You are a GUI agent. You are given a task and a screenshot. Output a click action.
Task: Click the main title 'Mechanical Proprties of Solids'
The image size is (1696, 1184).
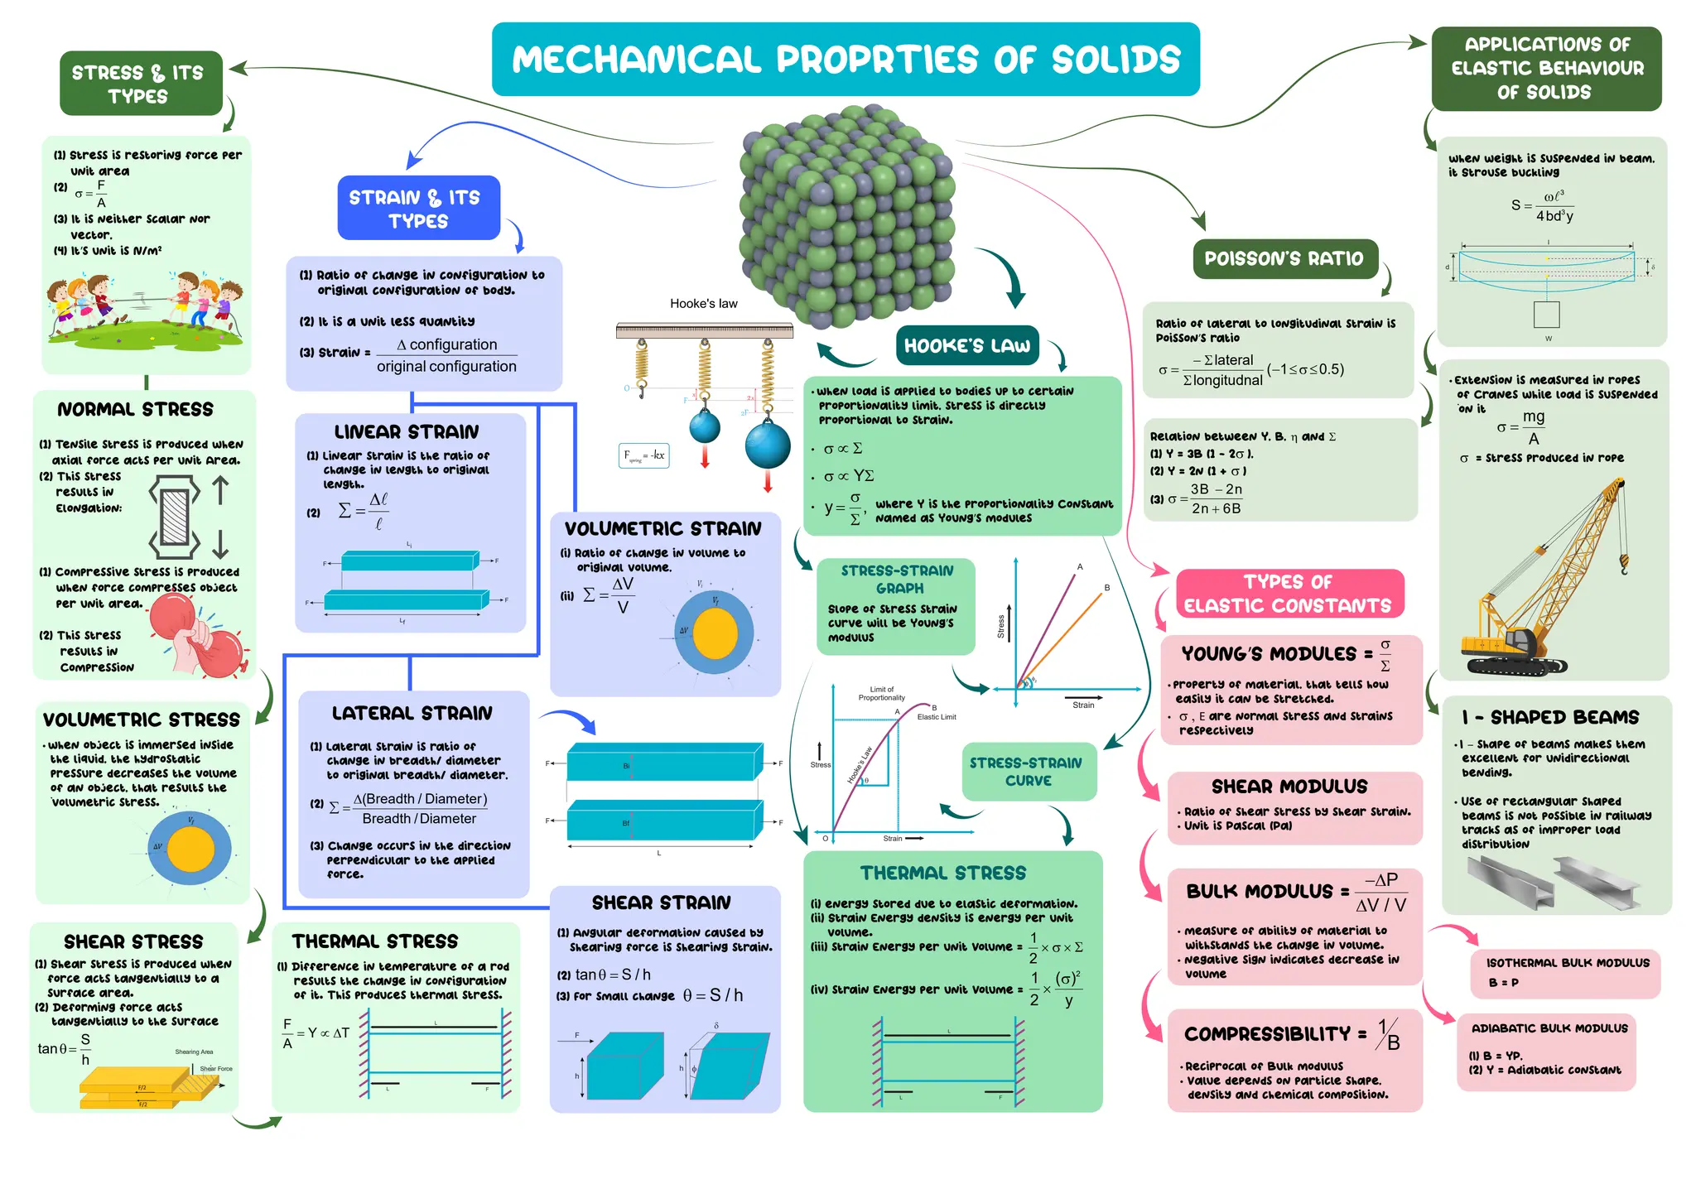click(x=846, y=60)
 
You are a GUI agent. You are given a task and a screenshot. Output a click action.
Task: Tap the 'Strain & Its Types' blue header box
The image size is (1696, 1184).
click(x=418, y=209)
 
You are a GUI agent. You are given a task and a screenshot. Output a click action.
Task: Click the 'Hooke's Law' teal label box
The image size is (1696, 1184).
click(x=966, y=345)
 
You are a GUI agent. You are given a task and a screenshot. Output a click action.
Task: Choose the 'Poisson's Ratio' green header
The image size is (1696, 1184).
click(x=1284, y=259)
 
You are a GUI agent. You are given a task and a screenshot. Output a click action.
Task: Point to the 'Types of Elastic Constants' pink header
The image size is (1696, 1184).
click(x=1289, y=594)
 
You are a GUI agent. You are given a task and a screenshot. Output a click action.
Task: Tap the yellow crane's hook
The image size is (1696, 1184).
click(x=1624, y=567)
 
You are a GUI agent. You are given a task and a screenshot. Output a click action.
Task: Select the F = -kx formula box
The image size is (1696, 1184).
click(x=643, y=455)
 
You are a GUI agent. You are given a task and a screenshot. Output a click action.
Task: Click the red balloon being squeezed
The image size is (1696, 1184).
click(x=175, y=614)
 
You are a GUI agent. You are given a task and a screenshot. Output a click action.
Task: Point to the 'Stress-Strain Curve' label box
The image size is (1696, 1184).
click(x=1028, y=772)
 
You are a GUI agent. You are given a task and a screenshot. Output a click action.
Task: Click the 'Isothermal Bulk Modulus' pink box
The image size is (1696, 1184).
click(x=1567, y=973)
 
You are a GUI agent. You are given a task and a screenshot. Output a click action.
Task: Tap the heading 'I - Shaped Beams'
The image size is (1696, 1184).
click(x=1549, y=717)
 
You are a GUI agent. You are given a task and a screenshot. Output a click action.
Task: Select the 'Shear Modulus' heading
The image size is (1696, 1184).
click(x=1289, y=787)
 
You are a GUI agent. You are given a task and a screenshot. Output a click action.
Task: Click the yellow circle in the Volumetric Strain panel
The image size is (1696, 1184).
click(x=715, y=633)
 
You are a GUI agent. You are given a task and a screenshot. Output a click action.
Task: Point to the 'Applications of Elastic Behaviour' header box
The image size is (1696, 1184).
click(x=1546, y=69)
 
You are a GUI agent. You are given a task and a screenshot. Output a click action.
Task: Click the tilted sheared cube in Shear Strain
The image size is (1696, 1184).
click(x=728, y=1066)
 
